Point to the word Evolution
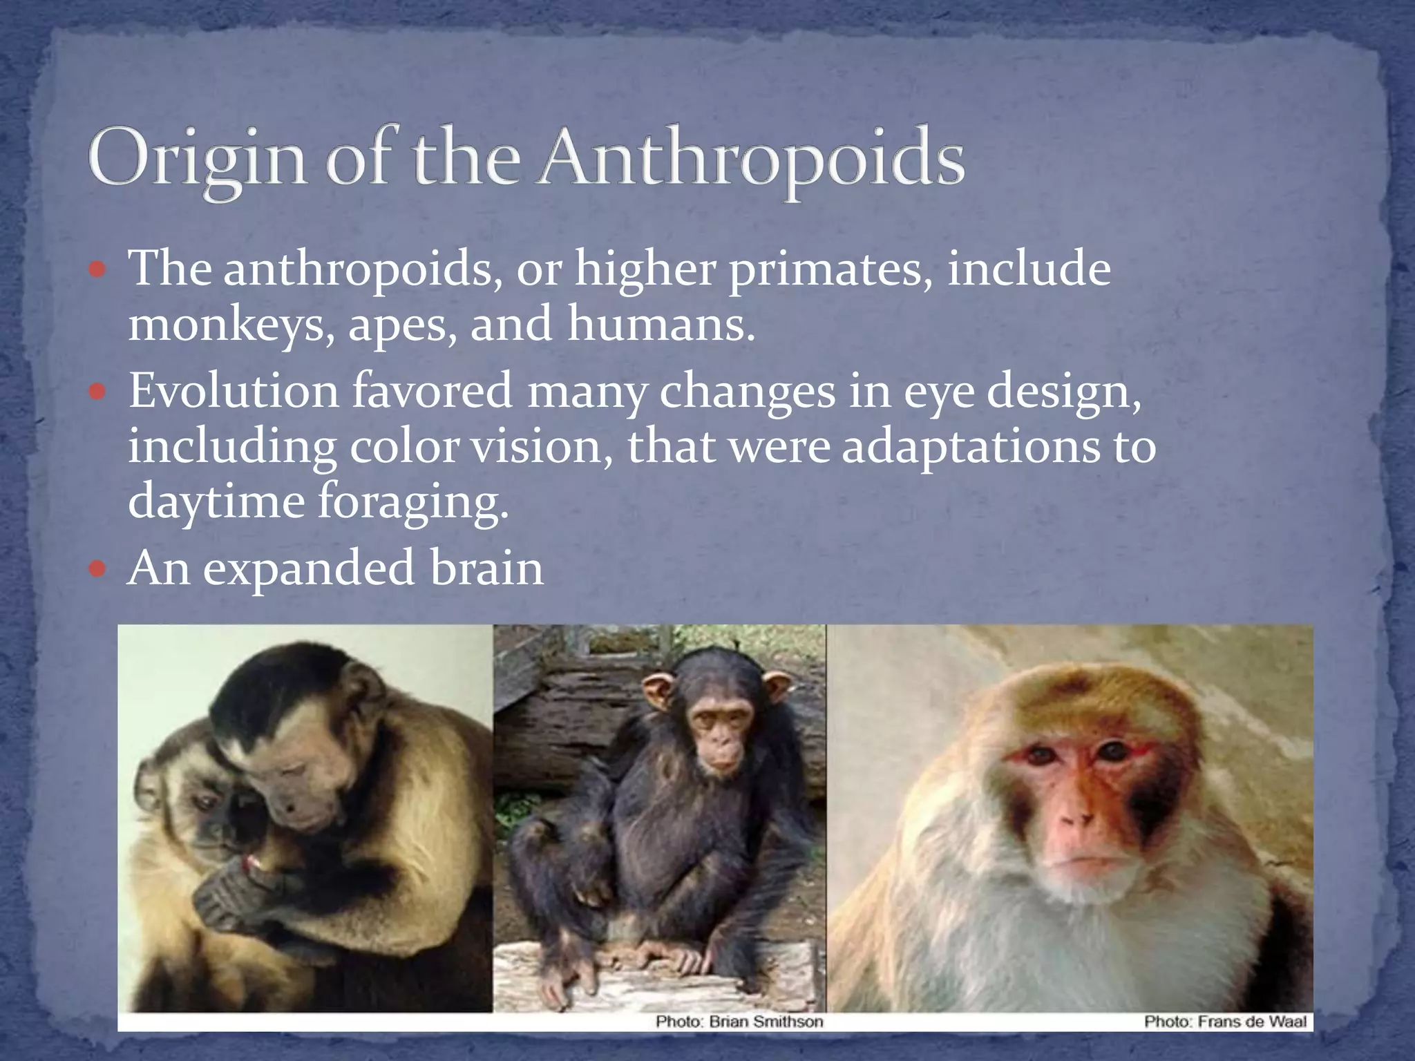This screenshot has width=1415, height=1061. [234, 391]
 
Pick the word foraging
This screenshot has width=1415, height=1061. [412, 502]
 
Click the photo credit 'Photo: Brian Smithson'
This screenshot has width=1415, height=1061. [739, 1022]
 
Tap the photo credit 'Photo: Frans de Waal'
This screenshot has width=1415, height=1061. [1225, 1022]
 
